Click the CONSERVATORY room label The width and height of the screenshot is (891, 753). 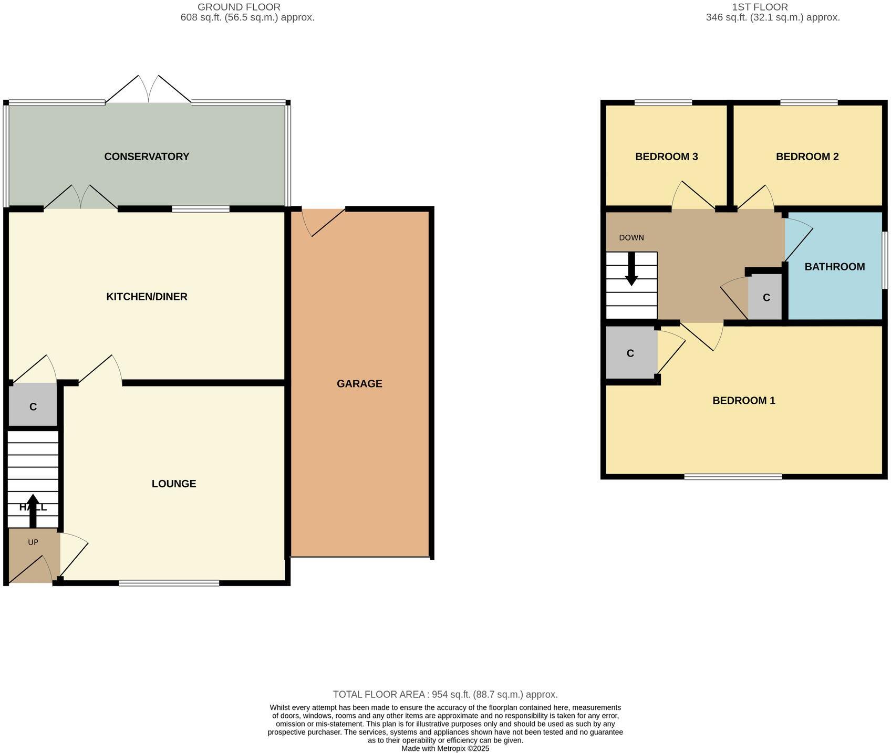click(147, 156)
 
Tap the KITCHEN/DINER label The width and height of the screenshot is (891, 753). click(147, 297)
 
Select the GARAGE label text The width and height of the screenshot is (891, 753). click(359, 384)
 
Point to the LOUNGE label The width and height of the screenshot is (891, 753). click(174, 484)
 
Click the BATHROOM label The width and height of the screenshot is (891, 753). click(834, 267)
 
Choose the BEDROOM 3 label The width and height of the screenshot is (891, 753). click(666, 156)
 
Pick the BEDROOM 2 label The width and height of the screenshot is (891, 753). click(807, 156)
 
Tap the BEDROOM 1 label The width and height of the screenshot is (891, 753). click(743, 401)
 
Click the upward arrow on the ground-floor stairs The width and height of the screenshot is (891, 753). click(33, 509)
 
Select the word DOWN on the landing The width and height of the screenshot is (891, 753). click(631, 237)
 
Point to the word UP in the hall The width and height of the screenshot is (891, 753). click(33, 542)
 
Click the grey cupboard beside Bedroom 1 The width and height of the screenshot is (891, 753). click(630, 353)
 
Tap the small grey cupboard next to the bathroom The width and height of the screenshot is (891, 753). click(765, 298)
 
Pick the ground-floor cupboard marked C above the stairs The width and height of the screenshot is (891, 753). click(33, 406)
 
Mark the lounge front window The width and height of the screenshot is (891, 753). click(169, 583)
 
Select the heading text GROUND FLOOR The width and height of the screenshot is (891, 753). click(239, 7)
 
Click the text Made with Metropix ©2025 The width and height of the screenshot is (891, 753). click(445, 748)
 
